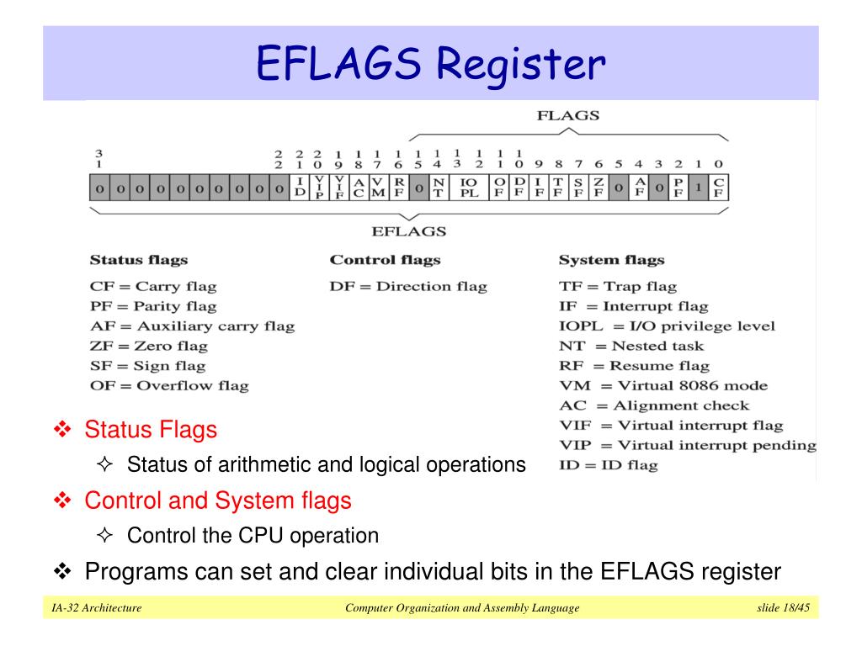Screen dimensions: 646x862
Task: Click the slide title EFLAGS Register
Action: click(x=430, y=65)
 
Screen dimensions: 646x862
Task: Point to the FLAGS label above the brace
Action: click(x=568, y=116)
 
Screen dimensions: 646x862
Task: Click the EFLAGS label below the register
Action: click(x=409, y=231)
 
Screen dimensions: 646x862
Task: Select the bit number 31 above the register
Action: click(x=98, y=158)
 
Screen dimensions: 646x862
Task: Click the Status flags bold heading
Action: click(x=138, y=260)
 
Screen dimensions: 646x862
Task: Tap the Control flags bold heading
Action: click(x=385, y=260)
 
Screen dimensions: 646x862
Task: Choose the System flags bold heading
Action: click(x=611, y=260)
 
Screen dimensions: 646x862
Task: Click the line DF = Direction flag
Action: click(x=408, y=286)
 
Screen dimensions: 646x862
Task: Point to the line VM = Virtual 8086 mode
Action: click(x=663, y=385)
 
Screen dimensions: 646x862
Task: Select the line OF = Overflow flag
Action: click(x=169, y=385)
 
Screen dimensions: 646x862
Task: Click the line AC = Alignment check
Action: click(x=654, y=405)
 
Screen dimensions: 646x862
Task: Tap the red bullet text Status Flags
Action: click(x=150, y=430)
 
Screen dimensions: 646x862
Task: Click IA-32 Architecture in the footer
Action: click(x=96, y=607)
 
